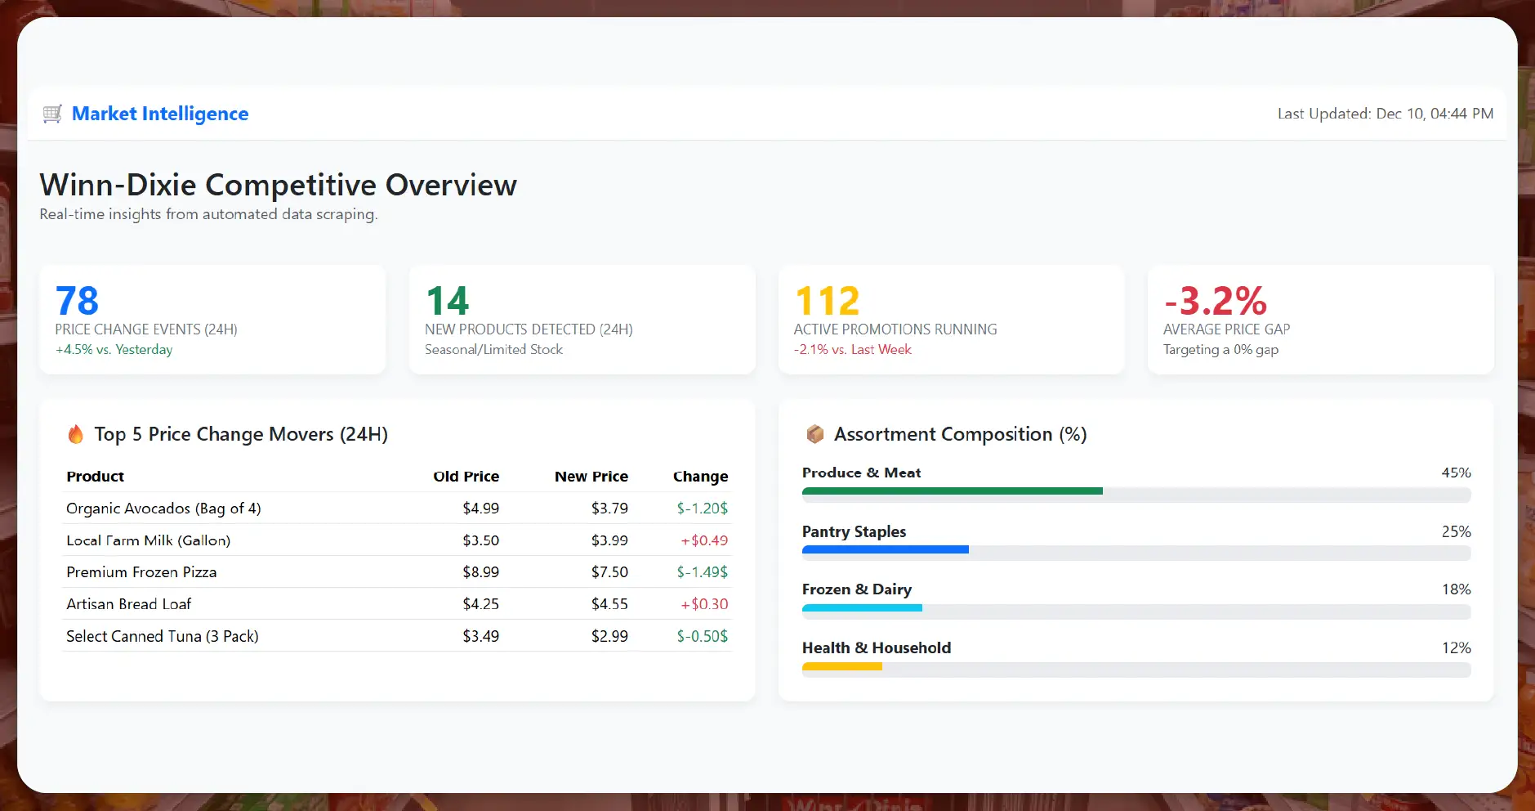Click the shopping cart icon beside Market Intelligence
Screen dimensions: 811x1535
click(52, 114)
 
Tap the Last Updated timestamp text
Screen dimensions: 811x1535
click(1385, 114)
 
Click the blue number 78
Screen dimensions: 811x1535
click(77, 301)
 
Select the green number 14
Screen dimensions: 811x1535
click(447, 301)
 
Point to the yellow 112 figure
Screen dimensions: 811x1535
click(827, 301)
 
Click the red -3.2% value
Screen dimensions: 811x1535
click(1215, 301)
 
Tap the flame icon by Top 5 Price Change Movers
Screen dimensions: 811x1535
click(75, 434)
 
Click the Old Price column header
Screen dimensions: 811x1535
click(466, 476)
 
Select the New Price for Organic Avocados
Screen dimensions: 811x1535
click(609, 508)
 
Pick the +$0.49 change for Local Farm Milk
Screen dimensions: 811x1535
click(703, 540)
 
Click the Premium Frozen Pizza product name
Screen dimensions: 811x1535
click(141, 572)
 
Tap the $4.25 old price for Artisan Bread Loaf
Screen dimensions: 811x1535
click(480, 604)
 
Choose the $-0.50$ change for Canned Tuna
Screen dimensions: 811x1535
click(702, 636)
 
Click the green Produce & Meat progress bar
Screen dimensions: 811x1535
click(952, 491)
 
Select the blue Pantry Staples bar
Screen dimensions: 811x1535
click(885, 549)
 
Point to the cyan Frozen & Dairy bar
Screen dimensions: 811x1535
click(862, 607)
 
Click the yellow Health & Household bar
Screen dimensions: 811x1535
click(841, 666)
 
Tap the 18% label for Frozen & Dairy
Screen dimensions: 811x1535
click(1456, 589)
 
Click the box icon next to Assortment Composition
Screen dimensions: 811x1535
click(814, 434)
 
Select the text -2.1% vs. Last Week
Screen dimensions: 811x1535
click(852, 349)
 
